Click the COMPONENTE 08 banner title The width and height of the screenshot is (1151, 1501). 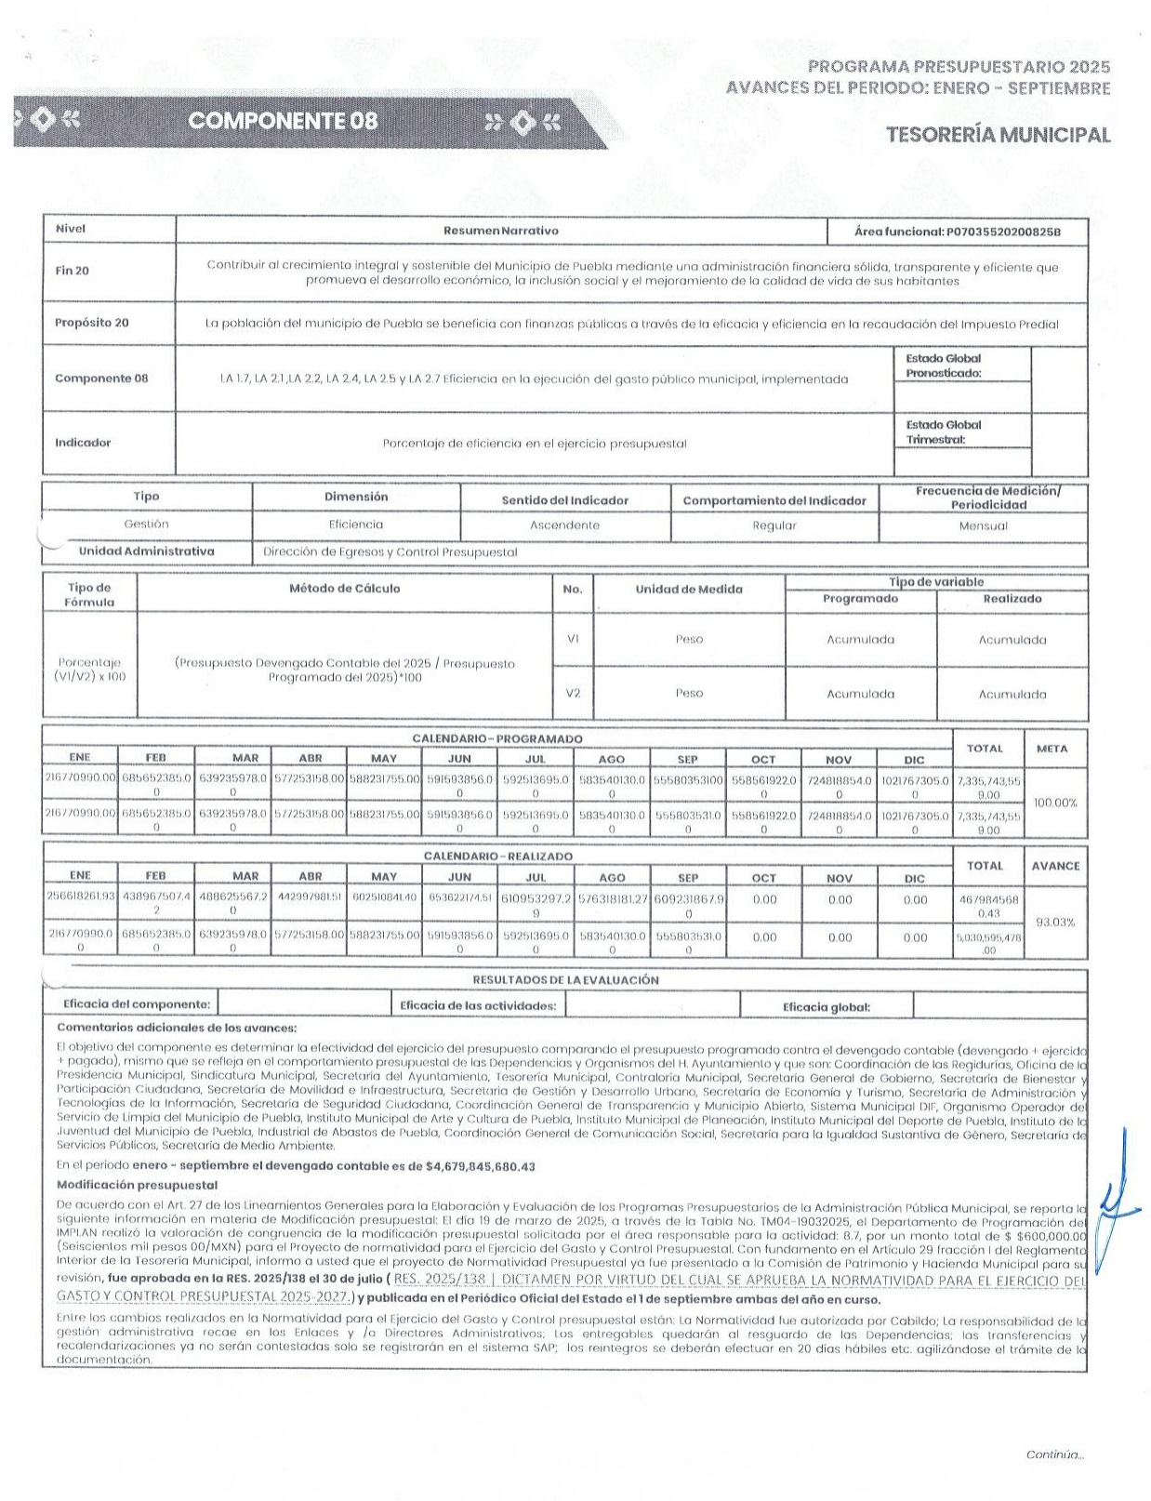[x=283, y=121]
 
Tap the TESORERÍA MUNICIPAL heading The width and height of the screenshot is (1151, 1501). [x=998, y=135]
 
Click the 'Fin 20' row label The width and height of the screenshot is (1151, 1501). [x=72, y=271]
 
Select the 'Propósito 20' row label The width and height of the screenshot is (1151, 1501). [x=91, y=323]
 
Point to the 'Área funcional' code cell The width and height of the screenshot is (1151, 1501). [x=957, y=232]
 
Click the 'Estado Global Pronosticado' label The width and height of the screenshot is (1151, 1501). [x=943, y=365]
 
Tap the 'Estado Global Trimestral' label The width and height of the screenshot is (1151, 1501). [x=943, y=432]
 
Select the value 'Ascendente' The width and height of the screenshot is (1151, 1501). [x=564, y=525]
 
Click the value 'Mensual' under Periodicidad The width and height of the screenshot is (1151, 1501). [x=983, y=526]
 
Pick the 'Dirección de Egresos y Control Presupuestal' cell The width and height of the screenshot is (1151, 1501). [x=390, y=552]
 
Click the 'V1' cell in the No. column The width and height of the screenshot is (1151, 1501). [x=573, y=640]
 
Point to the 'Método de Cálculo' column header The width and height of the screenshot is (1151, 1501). [x=344, y=589]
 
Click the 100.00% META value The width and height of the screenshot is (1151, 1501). [x=1055, y=803]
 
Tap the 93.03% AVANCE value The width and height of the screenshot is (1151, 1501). [x=1055, y=922]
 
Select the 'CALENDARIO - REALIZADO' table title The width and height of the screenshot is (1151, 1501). [x=497, y=856]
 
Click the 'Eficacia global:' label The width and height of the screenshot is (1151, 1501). [x=826, y=1006]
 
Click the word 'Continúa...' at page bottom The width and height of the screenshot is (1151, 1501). [x=1054, y=1455]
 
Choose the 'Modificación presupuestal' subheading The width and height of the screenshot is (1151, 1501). [x=137, y=1185]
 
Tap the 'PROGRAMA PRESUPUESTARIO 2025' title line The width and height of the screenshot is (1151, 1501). [x=959, y=67]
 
